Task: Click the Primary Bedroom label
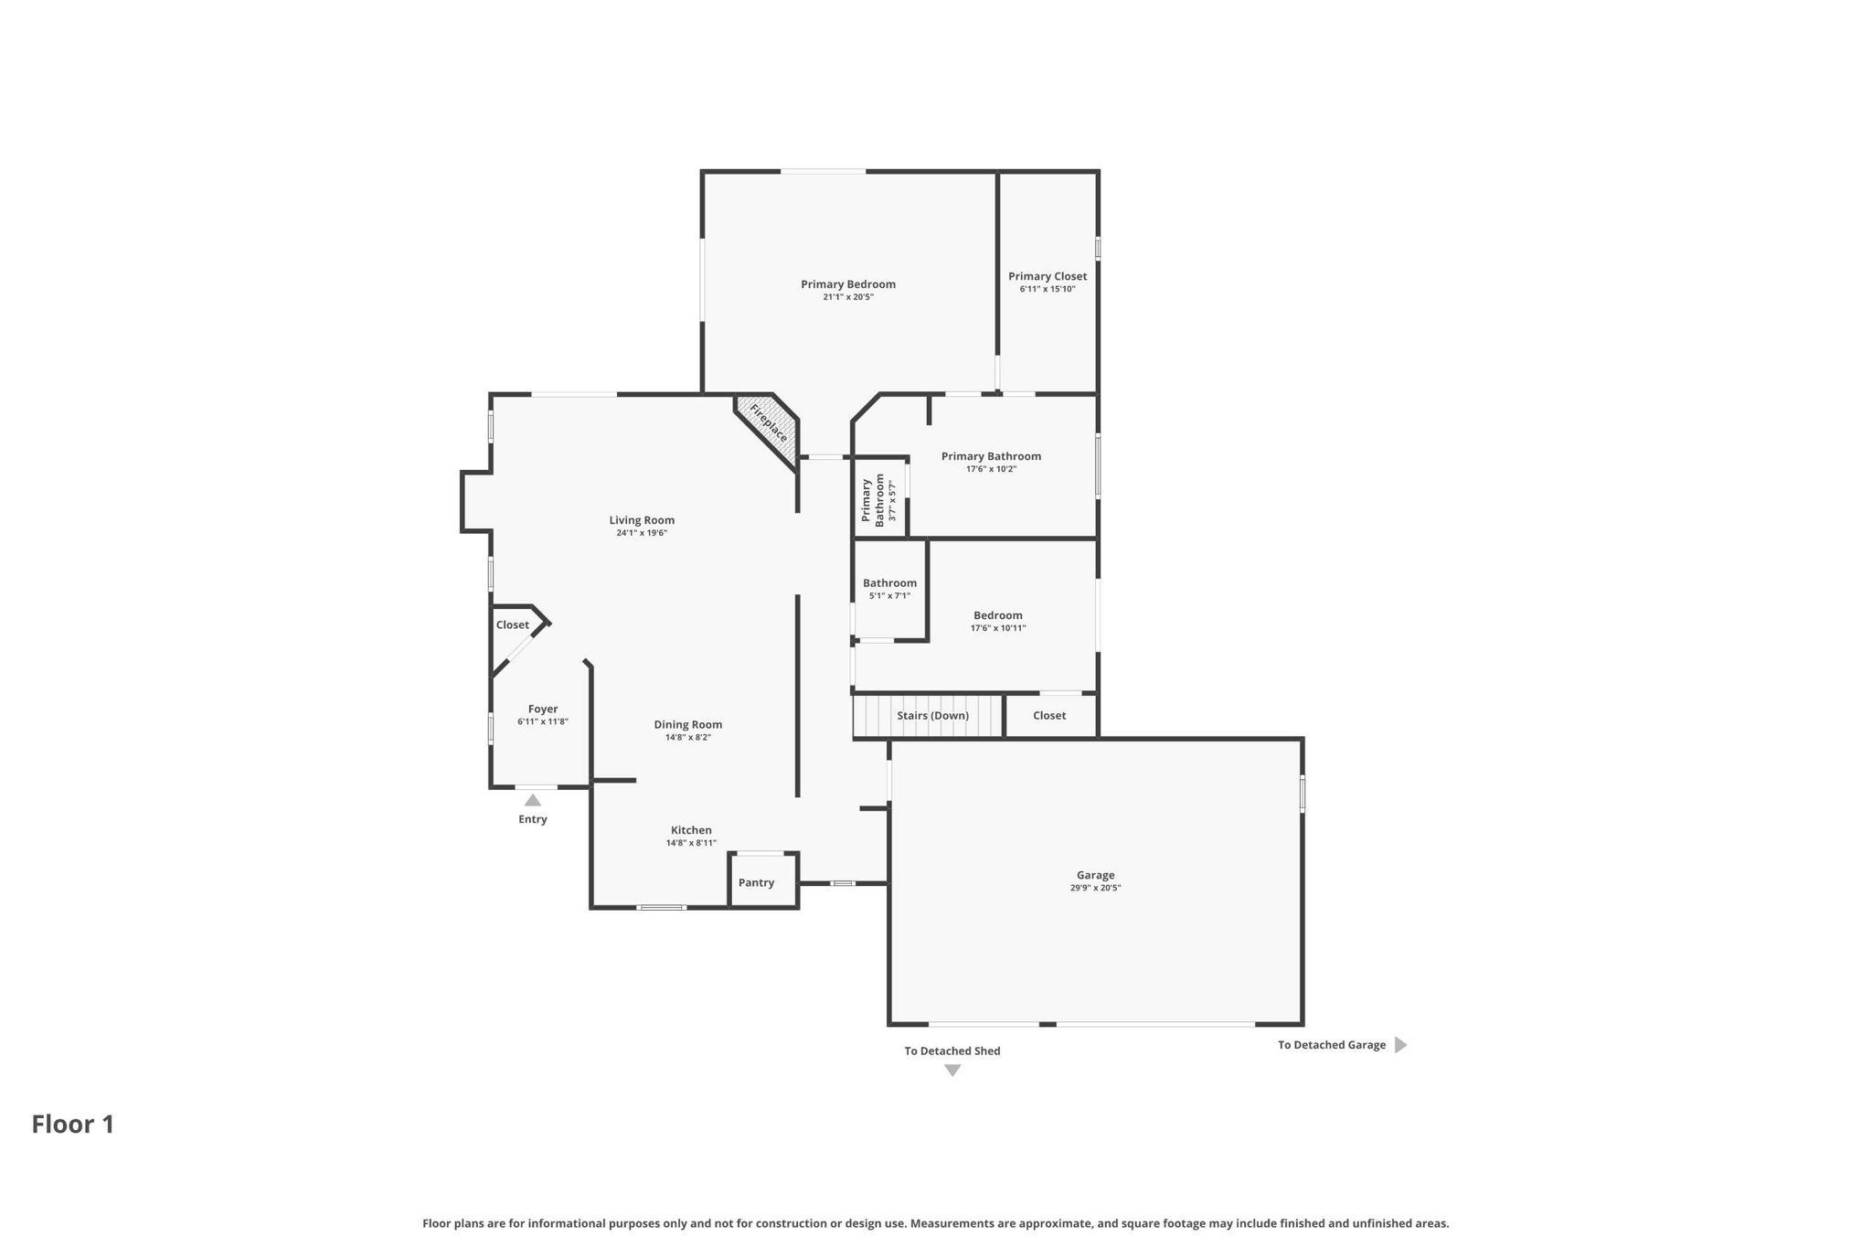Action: [847, 284]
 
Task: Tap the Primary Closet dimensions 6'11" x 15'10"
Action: [1047, 289]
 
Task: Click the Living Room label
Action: [642, 520]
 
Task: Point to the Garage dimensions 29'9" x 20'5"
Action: [1095, 888]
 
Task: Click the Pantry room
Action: [756, 882]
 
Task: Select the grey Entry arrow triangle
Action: [533, 800]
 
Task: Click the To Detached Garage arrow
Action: [1400, 1045]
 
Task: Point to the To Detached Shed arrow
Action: [952, 1071]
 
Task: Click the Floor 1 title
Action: [73, 1125]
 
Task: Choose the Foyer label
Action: [542, 709]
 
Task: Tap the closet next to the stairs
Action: [1049, 716]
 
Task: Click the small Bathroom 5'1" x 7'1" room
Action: [889, 589]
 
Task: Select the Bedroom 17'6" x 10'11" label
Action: [997, 615]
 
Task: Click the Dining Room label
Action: [687, 724]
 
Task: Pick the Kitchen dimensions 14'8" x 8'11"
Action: [691, 843]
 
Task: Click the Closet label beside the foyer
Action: [512, 625]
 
